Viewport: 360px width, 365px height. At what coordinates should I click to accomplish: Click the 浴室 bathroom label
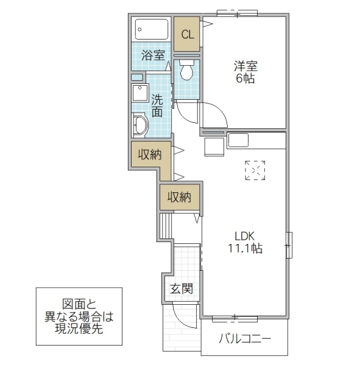pos(153,55)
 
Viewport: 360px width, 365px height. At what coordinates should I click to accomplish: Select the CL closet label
pos(188,34)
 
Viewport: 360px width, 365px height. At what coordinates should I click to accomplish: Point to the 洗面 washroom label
pos(157,105)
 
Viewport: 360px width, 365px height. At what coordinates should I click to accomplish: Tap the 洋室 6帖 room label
pos(245,71)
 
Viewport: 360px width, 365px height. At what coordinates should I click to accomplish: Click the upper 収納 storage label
pos(149,155)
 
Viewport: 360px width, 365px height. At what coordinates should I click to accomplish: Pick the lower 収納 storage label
pos(180,196)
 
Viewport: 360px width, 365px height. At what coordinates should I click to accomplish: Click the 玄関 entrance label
pos(181,288)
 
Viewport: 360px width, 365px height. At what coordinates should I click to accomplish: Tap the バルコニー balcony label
pos(244,338)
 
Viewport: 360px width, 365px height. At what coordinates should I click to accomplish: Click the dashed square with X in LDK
pos(255,170)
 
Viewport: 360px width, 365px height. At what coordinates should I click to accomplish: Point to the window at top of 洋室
pos(237,13)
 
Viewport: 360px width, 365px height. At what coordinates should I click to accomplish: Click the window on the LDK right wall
pos(289,246)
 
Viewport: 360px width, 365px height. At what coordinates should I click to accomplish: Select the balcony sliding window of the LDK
pos(235,318)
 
